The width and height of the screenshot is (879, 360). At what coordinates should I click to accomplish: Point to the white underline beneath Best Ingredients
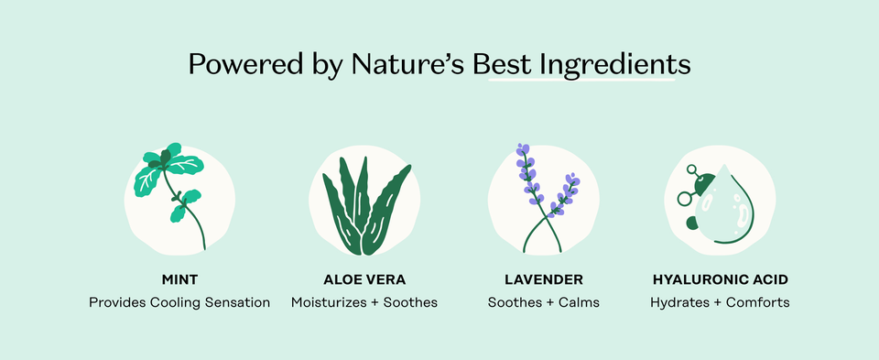coord(581,81)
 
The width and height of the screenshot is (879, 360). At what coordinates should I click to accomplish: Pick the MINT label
coord(179,278)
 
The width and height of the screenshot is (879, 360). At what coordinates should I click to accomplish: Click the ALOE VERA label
coord(364,278)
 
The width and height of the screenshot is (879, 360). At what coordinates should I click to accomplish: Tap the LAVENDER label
coord(544,278)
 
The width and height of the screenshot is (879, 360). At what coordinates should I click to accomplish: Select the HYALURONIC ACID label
coord(720,278)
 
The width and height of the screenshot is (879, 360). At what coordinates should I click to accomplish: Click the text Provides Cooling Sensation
coord(179,302)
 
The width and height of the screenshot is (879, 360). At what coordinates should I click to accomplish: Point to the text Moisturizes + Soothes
coord(364,302)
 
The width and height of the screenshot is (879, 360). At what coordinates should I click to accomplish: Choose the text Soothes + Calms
coord(544,302)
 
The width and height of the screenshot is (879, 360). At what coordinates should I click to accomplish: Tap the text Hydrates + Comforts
coord(720,302)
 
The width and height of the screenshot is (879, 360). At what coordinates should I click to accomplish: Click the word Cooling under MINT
coord(179,302)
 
